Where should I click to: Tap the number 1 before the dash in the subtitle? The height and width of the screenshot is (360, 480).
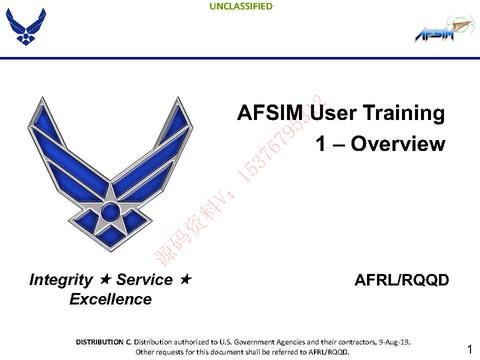click(320, 144)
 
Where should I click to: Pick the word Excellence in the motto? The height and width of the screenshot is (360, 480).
click(110, 299)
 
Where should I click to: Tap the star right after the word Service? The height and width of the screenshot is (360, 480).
click(185, 280)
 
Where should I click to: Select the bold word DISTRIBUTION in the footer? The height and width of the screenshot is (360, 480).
click(103, 341)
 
